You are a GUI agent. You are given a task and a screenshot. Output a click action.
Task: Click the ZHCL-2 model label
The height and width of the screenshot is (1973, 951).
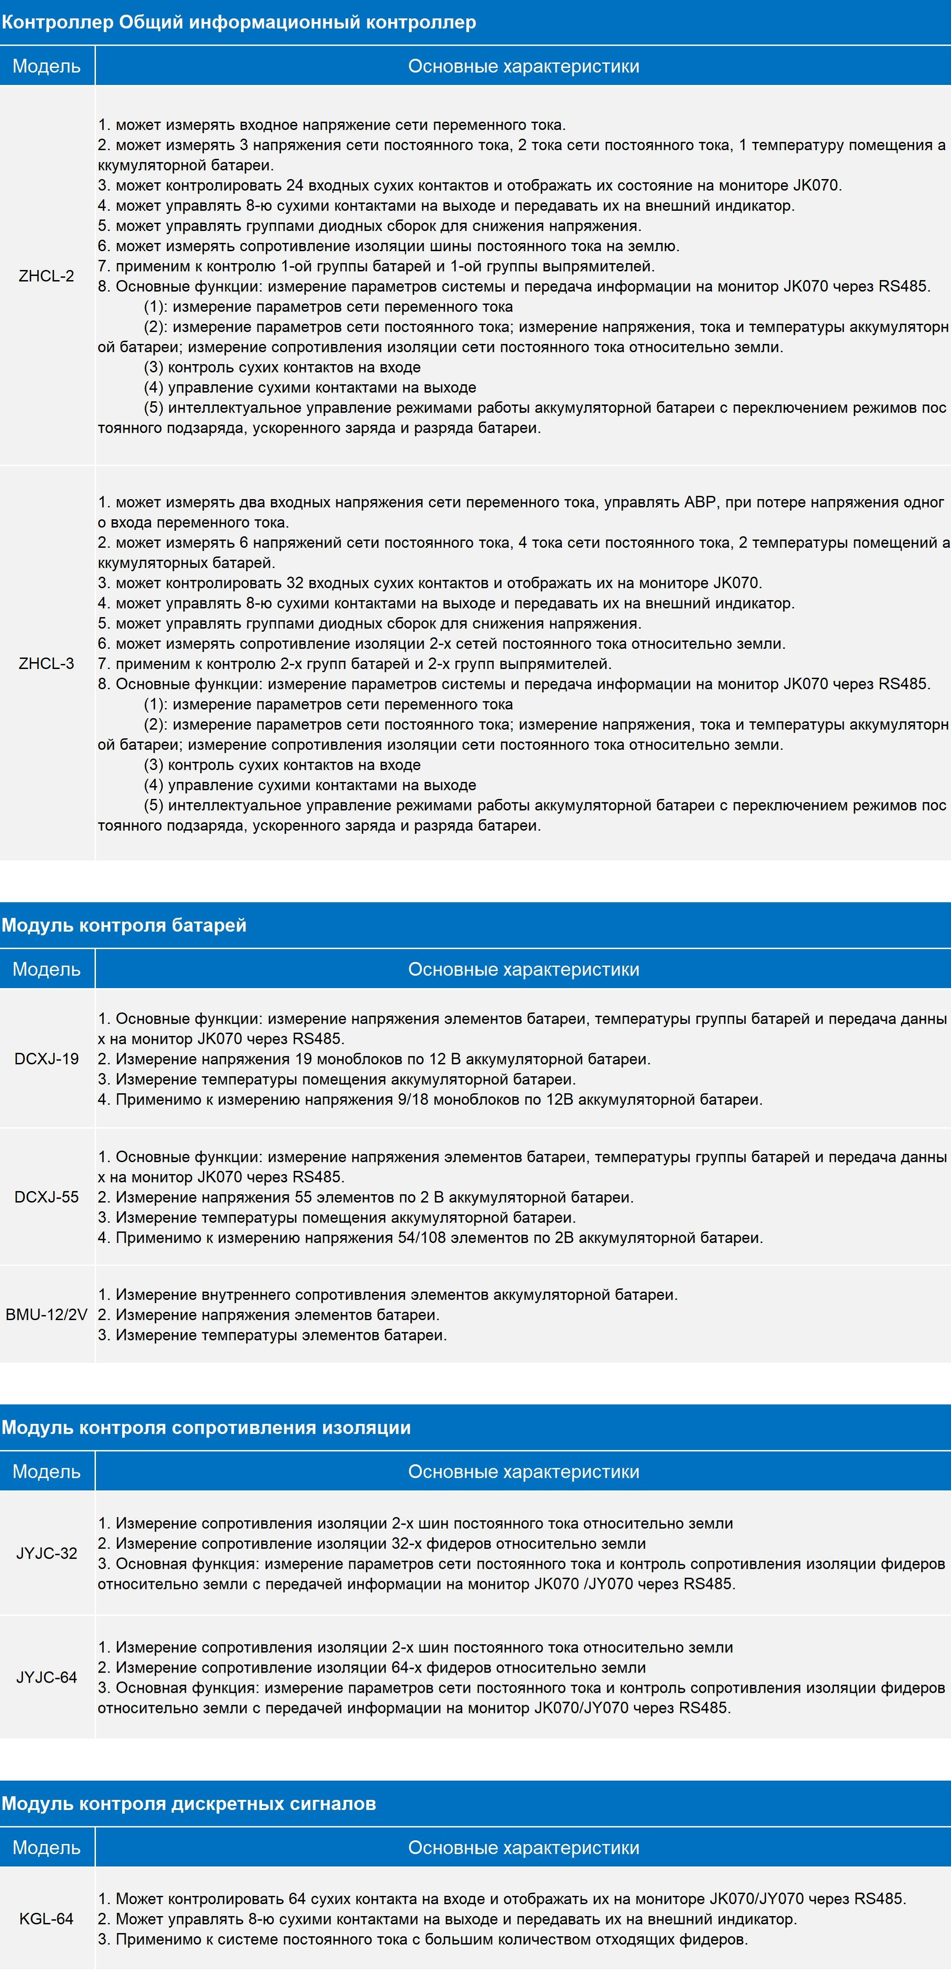[47, 276]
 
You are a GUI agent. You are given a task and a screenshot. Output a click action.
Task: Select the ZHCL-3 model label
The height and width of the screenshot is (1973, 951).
[47, 663]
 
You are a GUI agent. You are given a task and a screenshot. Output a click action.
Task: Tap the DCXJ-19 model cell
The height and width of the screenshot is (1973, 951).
[47, 1058]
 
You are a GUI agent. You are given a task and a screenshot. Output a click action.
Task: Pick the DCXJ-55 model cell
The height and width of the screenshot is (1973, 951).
[47, 1197]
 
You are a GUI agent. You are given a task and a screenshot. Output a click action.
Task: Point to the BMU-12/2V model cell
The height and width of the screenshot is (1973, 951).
[47, 1314]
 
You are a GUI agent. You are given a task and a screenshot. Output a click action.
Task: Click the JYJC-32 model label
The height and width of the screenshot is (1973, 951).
[47, 1553]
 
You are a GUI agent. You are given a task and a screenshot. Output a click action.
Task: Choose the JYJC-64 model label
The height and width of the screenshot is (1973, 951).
[47, 1677]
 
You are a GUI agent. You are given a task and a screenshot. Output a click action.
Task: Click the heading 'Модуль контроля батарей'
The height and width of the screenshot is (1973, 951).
[124, 925]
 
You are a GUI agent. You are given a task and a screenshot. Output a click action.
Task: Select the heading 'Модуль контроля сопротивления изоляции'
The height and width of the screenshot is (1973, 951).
[206, 1428]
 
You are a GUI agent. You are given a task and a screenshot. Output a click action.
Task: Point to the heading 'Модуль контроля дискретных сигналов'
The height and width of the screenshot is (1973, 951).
[188, 1804]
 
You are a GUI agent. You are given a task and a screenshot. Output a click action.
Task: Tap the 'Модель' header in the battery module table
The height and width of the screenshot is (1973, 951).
[47, 969]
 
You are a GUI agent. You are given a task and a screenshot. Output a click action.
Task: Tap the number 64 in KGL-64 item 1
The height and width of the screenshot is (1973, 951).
[297, 1899]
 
